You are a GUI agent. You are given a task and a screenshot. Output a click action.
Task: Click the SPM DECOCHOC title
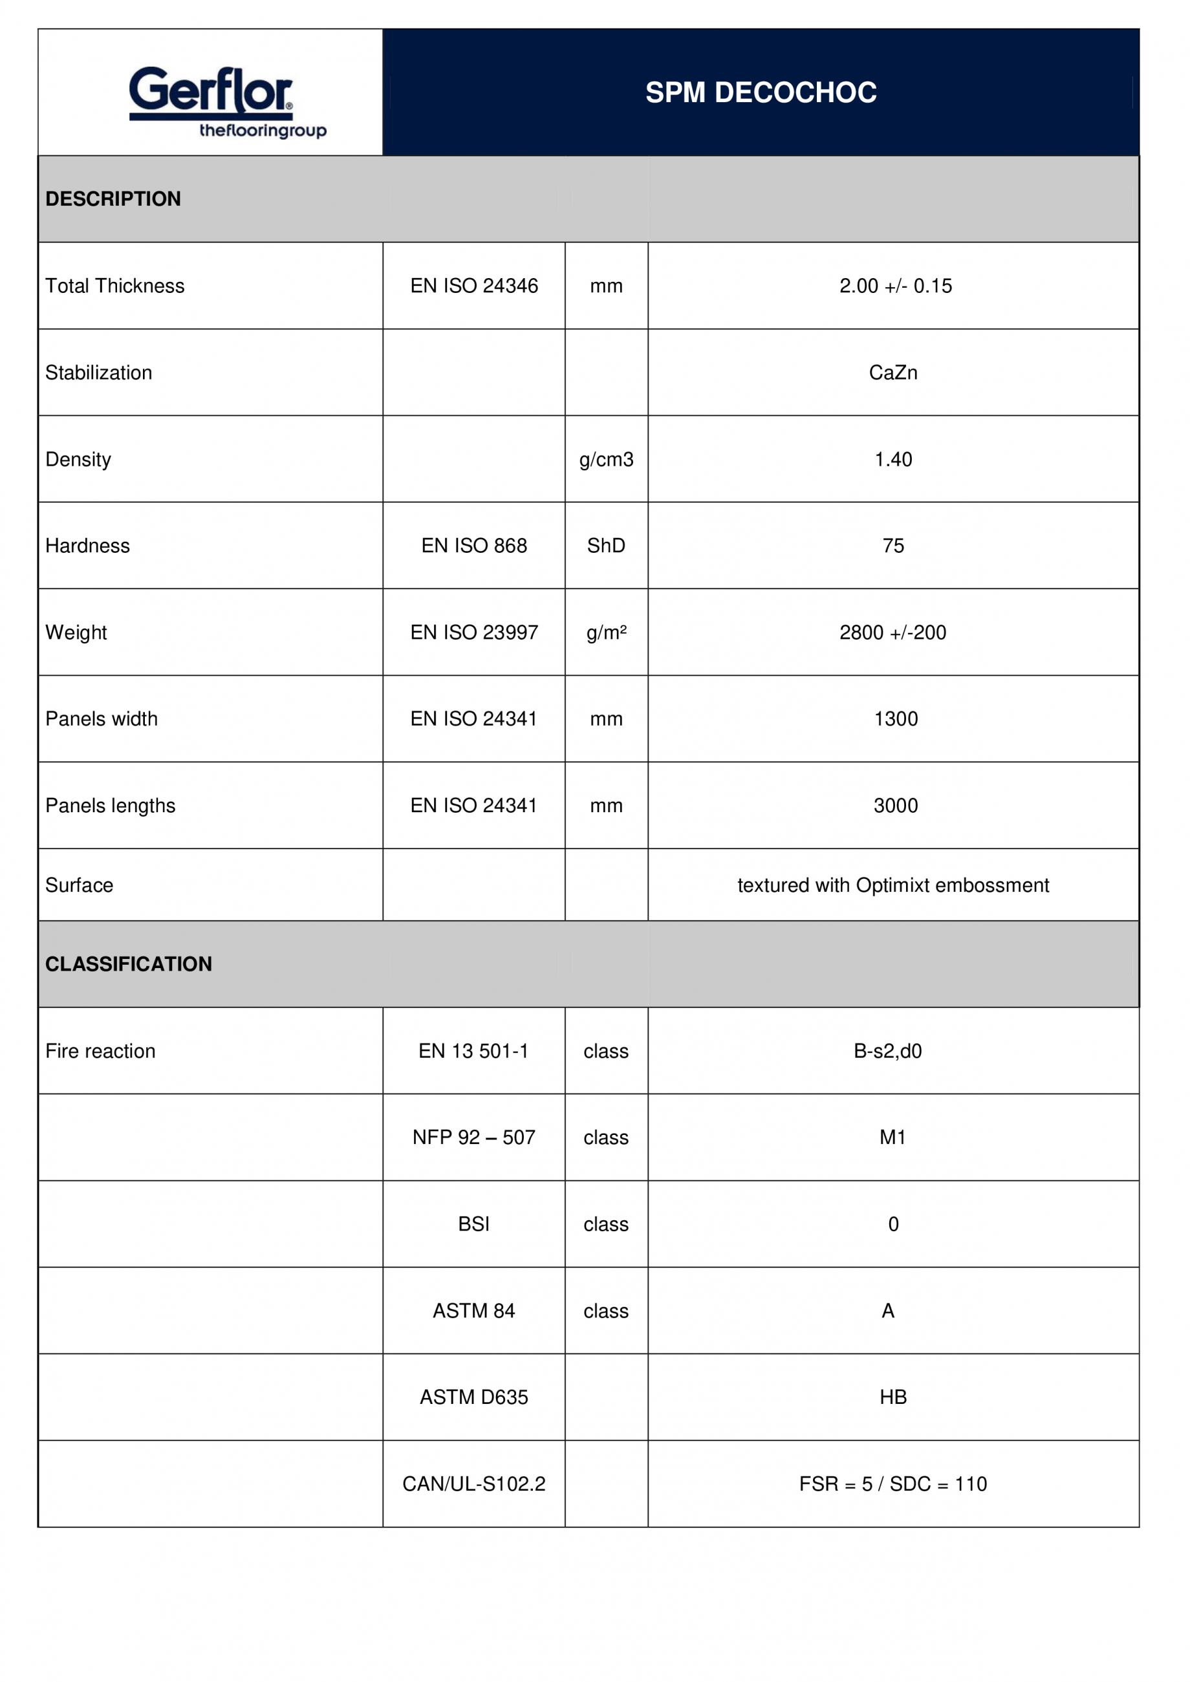tap(761, 93)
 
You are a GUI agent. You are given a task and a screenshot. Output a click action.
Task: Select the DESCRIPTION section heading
tap(113, 199)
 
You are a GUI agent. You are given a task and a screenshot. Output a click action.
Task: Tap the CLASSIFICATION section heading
tap(128, 964)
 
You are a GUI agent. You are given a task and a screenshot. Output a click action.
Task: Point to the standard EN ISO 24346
tap(473, 286)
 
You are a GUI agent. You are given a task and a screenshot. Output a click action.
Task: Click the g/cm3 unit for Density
tap(606, 459)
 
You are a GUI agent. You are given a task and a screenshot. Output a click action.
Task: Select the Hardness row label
tap(87, 546)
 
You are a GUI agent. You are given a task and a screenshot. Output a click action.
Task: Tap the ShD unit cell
tap(606, 546)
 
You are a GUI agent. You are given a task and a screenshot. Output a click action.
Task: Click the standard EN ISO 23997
tap(473, 632)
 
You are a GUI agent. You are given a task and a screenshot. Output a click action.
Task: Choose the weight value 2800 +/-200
tap(892, 632)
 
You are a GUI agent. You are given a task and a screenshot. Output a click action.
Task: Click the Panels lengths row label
tap(110, 806)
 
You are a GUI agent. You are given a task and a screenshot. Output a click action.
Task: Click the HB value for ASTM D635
tap(892, 1397)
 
